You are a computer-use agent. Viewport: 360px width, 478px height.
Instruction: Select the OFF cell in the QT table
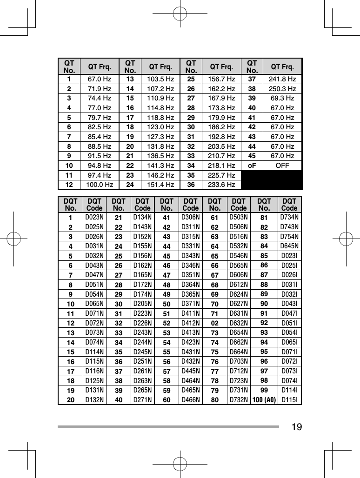click(281, 166)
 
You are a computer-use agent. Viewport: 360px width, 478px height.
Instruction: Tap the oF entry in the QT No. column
click(252, 166)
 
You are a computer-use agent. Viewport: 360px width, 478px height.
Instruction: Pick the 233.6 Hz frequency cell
click(222, 185)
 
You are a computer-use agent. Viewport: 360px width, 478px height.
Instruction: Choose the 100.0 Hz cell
click(101, 185)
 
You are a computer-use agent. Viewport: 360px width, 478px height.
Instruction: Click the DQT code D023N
click(94, 217)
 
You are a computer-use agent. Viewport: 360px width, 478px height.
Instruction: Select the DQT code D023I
click(289, 255)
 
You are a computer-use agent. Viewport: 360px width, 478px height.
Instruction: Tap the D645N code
click(289, 246)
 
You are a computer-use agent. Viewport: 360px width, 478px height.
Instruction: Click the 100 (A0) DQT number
click(264, 399)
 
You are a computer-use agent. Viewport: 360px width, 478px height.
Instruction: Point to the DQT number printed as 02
click(215, 322)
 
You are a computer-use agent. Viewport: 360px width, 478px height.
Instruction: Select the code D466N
click(191, 399)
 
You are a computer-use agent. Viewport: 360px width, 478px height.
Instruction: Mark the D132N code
click(94, 399)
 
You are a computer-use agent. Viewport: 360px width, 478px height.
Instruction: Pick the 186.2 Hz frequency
click(222, 127)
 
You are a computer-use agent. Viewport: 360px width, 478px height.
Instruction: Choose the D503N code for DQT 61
click(239, 217)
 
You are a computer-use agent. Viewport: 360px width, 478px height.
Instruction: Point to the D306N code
click(191, 217)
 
